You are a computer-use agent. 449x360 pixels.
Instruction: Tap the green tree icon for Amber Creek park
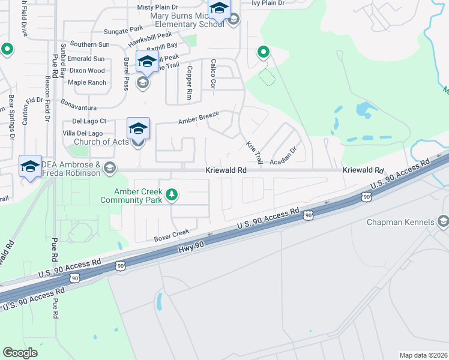coord(172,194)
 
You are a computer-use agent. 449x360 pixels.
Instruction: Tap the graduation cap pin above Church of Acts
coord(137,128)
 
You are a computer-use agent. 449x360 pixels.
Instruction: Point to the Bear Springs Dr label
coord(11,116)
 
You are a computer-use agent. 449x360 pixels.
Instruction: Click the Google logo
coord(20,353)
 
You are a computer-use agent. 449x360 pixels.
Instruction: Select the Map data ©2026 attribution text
coord(423,355)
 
